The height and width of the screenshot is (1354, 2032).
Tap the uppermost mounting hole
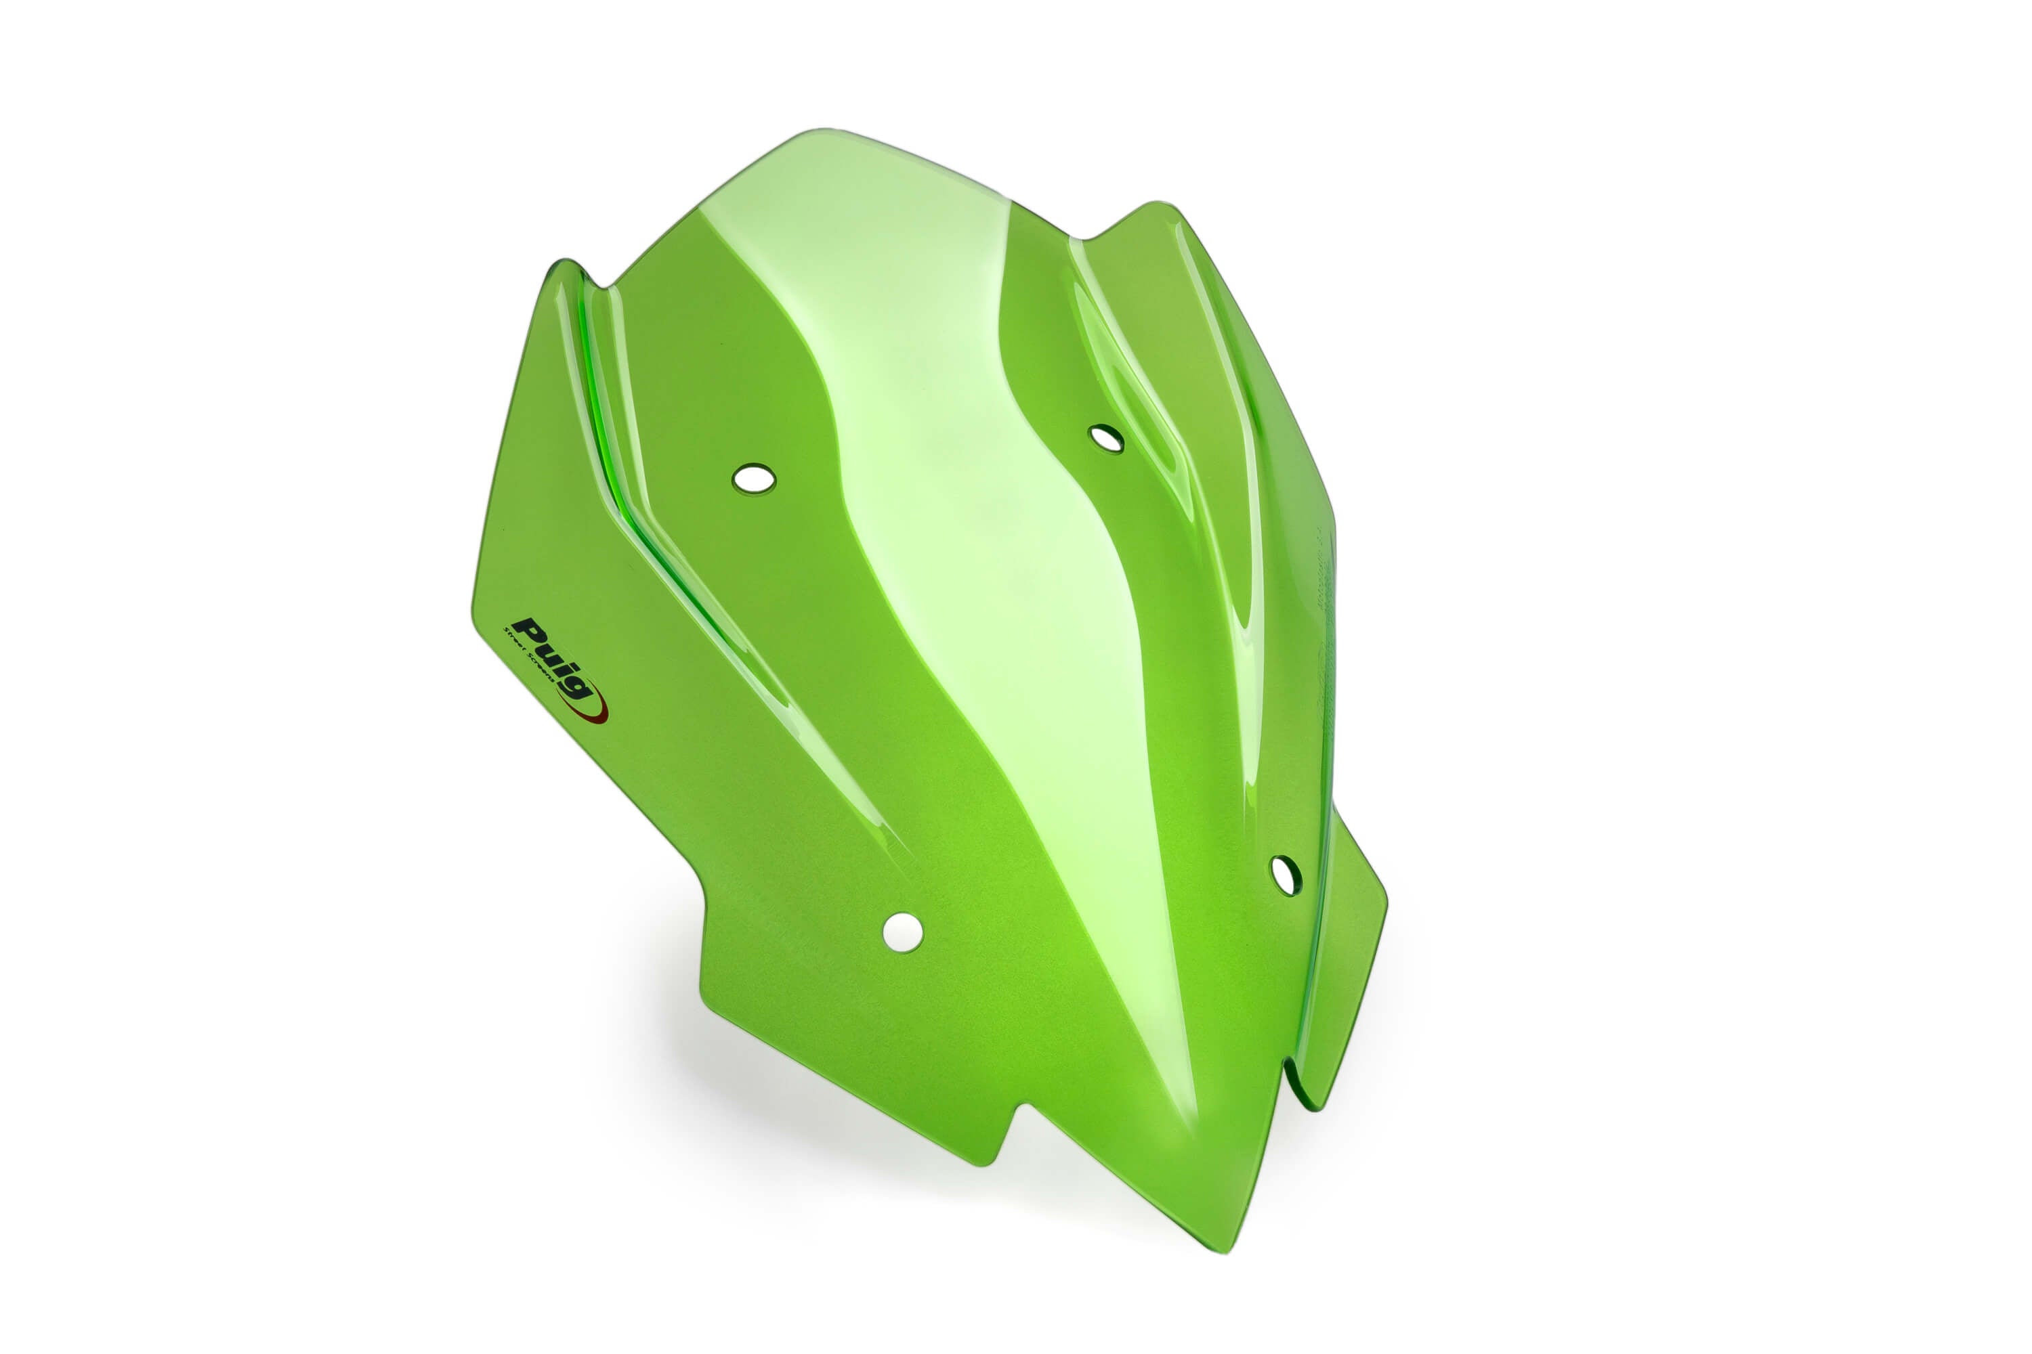[1106, 439]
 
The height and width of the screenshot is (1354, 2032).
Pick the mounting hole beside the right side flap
[1285, 875]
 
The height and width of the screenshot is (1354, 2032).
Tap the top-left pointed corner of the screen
[566, 264]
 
